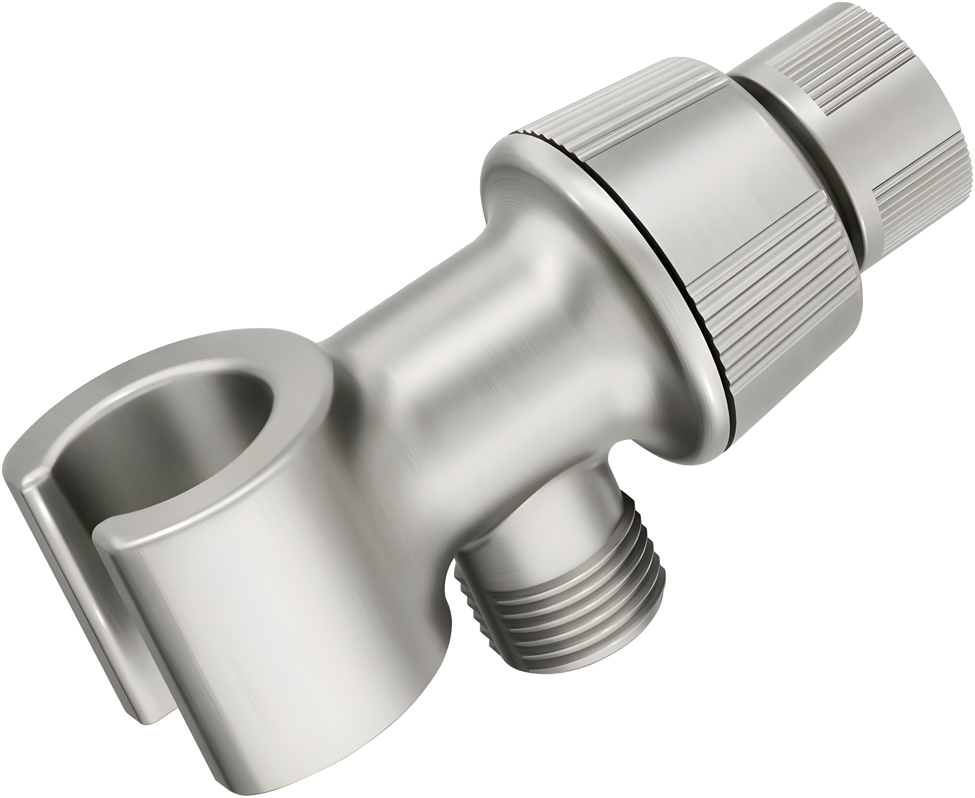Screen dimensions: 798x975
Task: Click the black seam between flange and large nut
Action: (662, 276)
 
